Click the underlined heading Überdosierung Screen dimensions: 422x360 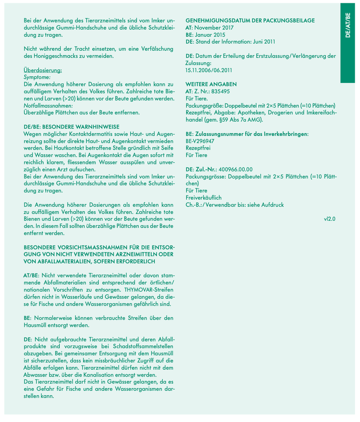[x=42, y=70]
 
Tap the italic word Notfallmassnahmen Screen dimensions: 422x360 [x=48, y=105]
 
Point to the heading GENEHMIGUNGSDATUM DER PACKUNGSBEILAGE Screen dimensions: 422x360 [x=250, y=20]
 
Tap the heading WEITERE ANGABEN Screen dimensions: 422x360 [x=211, y=84]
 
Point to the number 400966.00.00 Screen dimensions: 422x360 [x=236, y=169]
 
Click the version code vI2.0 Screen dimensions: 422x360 [x=330, y=218]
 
